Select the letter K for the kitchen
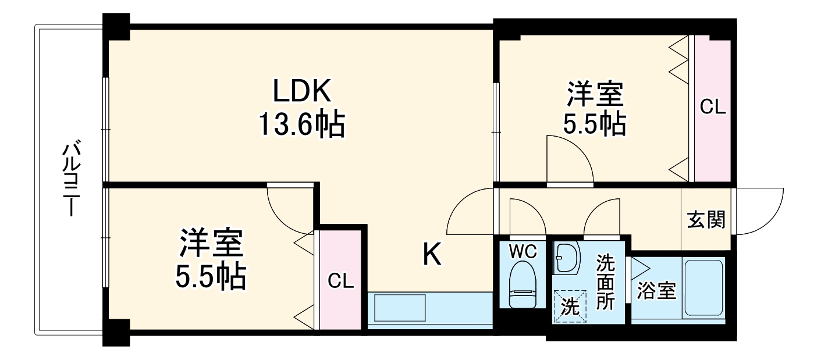coord(431,254)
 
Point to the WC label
coord(523,252)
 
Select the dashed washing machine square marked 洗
coord(570,306)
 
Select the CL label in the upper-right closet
coord(713,108)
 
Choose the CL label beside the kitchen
coord(341,281)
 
